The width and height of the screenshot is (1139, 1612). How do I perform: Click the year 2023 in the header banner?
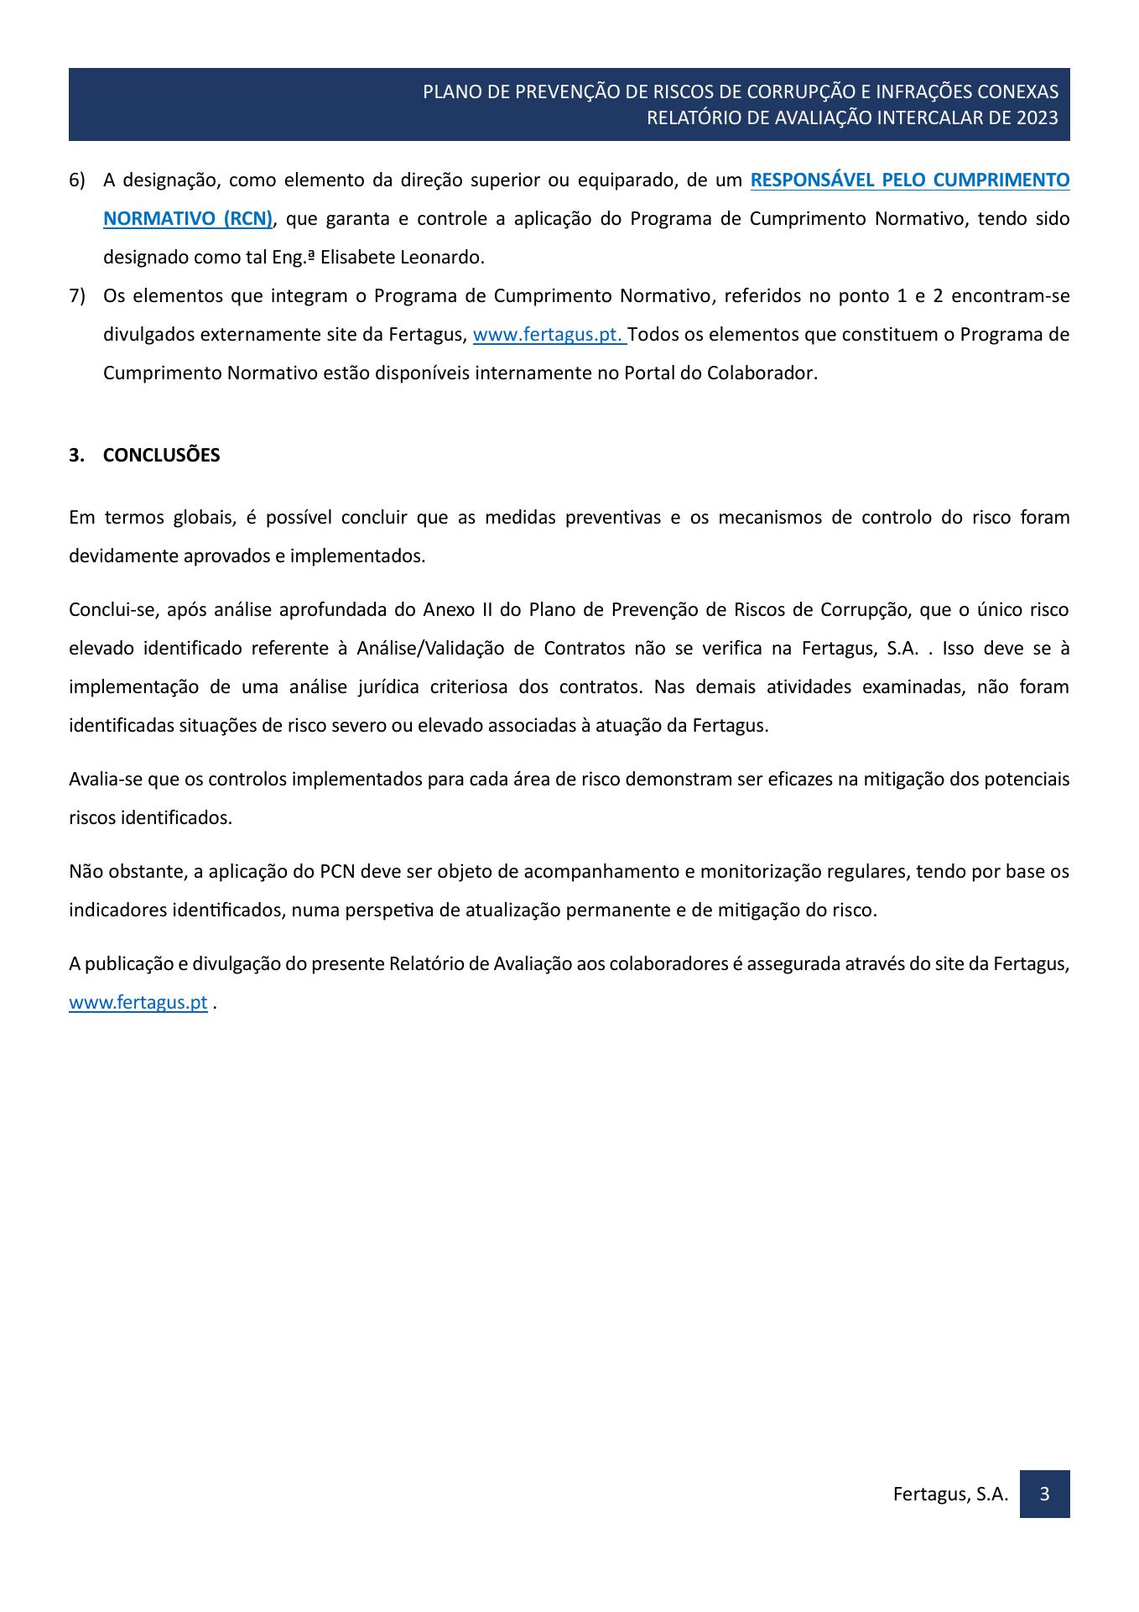(x=1037, y=117)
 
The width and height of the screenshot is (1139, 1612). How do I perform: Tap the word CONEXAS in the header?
(x=1021, y=91)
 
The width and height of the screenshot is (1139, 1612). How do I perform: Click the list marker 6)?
(x=77, y=180)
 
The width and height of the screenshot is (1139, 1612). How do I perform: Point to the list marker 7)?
(x=77, y=296)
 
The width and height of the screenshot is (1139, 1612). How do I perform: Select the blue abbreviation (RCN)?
(x=247, y=219)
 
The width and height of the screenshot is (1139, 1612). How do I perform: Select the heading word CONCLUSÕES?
(x=161, y=456)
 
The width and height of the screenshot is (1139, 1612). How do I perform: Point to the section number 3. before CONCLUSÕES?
(x=76, y=456)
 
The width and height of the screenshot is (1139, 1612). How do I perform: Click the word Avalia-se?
(x=106, y=780)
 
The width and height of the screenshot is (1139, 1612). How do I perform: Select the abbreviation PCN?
(x=339, y=872)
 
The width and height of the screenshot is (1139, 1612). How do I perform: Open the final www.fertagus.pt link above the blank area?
(x=138, y=1003)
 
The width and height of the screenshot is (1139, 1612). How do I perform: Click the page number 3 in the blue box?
(x=1044, y=1494)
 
